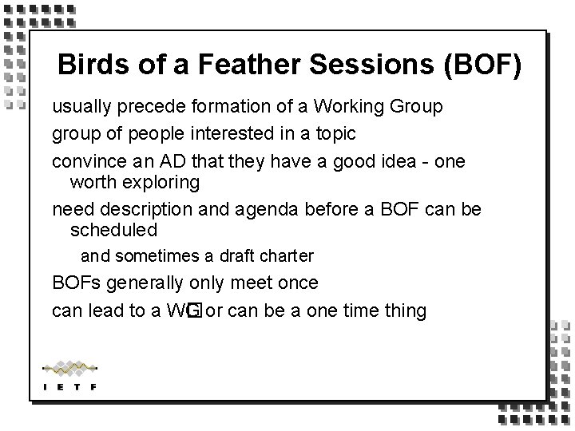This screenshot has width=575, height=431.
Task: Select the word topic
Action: (335, 132)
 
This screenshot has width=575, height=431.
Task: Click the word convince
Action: (82, 160)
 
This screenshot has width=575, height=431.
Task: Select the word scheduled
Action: (113, 231)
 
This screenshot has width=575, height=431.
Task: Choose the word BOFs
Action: (73, 283)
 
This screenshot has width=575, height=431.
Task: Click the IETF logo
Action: (69, 375)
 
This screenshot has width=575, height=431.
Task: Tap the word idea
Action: (388, 160)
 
